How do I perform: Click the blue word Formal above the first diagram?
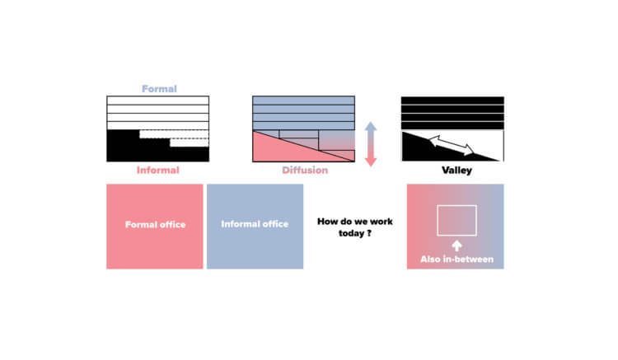(x=158, y=88)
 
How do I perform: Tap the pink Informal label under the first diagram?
(x=157, y=171)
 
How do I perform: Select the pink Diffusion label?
(x=304, y=171)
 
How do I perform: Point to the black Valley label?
(x=452, y=171)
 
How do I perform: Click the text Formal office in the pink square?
(x=155, y=225)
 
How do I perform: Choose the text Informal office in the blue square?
(x=255, y=223)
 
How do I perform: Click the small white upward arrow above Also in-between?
(x=456, y=245)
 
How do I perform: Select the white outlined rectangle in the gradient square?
(x=456, y=220)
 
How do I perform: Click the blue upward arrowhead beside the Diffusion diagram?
(x=371, y=126)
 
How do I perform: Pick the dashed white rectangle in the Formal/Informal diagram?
(x=173, y=134)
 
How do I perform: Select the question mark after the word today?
(x=368, y=231)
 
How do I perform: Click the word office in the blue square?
(x=274, y=223)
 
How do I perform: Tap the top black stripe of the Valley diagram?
(x=452, y=101)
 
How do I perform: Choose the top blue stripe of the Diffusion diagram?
(x=304, y=101)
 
